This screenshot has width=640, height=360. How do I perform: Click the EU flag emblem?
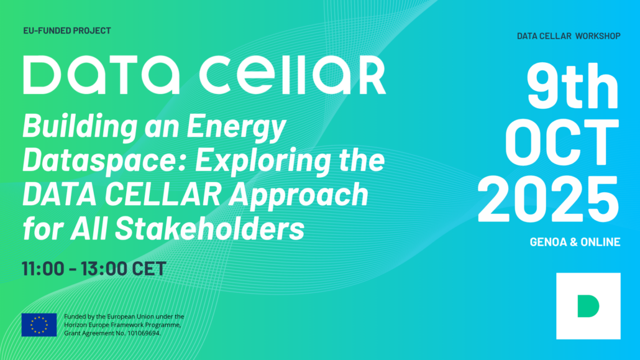(39, 325)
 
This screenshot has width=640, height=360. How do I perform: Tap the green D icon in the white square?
(588, 306)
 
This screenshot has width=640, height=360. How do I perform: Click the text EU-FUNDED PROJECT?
(67, 30)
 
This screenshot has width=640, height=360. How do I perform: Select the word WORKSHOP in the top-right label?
(598, 36)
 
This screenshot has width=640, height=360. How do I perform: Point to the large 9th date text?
(573, 86)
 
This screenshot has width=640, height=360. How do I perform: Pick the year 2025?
(549, 200)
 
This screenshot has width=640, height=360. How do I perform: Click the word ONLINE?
(600, 242)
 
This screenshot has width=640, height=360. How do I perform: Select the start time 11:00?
(43, 269)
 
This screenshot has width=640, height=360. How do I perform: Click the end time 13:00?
(104, 269)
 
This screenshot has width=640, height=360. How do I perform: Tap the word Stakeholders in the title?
(209, 228)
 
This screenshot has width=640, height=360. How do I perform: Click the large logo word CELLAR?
(293, 75)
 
